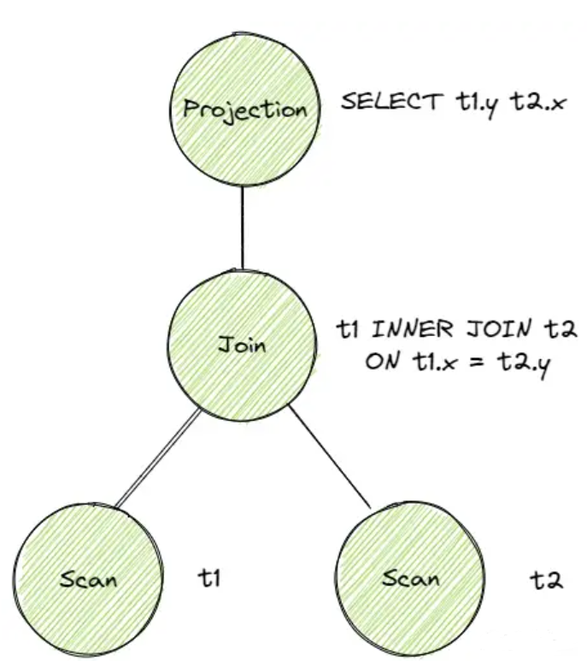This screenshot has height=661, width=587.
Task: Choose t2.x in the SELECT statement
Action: (x=537, y=104)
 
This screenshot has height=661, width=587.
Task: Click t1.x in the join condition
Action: (x=427, y=361)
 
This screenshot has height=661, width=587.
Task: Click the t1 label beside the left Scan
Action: (x=209, y=579)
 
